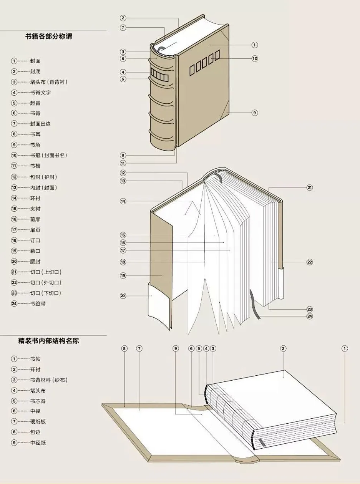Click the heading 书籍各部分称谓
[48, 37]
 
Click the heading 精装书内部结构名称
[48, 340]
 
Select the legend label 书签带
[38, 303]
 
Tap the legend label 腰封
[35, 261]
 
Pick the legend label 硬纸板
[38, 421]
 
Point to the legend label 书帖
[35, 359]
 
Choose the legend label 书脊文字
[40, 92]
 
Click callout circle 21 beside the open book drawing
[310, 187]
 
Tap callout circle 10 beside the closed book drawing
[254, 58]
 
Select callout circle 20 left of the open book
[123, 296]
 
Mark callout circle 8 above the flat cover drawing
[124, 348]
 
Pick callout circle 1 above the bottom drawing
[345, 348]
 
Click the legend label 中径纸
[38, 443]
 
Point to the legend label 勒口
[35, 251]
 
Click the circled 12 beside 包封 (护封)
[14, 177]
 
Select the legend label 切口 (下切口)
[45, 293]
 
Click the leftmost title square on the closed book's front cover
[192, 69]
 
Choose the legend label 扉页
[35, 230]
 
